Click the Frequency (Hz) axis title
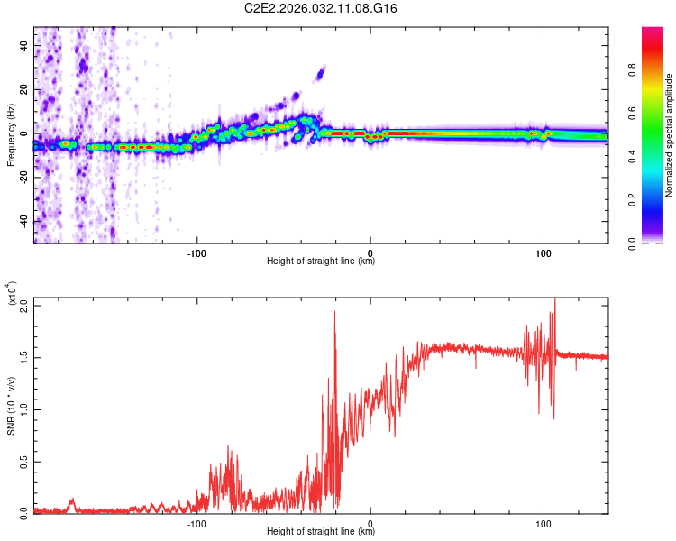pyautogui.click(x=11, y=135)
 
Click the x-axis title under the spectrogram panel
pyautogui.click(x=321, y=261)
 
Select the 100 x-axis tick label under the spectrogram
pyautogui.click(x=544, y=253)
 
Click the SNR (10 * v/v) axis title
pyautogui.click(x=11, y=406)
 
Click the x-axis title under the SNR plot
pyautogui.click(x=321, y=532)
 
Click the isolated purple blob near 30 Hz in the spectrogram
pyautogui.click(x=319, y=73)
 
